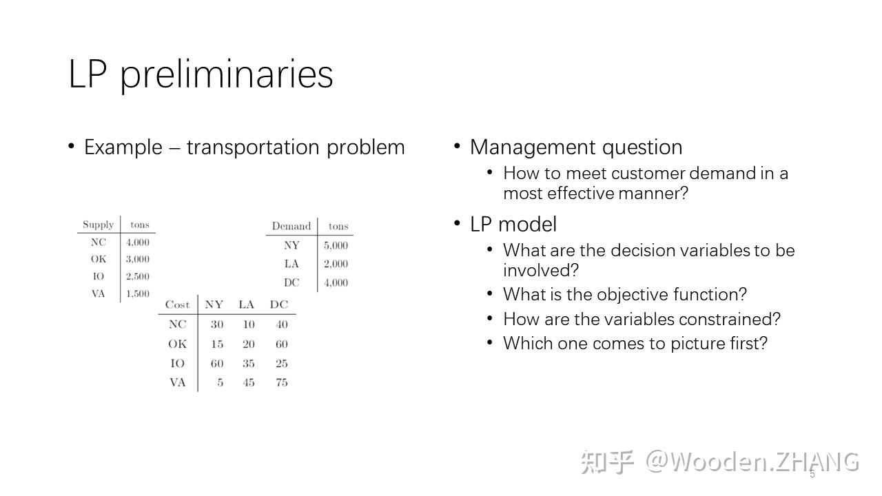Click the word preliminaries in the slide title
click(227, 74)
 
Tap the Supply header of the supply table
click(98, 225)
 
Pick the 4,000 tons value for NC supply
click(137, 242)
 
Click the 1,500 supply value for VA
click(137, 294)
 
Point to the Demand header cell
click(291, 226)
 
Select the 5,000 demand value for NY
click(336, 245)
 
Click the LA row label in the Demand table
click(291, 264)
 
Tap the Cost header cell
click(177, 304)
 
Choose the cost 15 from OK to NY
click(217, 344)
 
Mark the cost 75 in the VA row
click(281, 383)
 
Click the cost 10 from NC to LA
click(248, 324)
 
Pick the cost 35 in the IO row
click(248, 364)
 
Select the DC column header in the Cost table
click(279, 304)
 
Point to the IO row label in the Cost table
click(177, 364)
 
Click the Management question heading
click(576, 147)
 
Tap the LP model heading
click(513, 225)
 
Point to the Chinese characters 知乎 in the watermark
click(606, 462)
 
